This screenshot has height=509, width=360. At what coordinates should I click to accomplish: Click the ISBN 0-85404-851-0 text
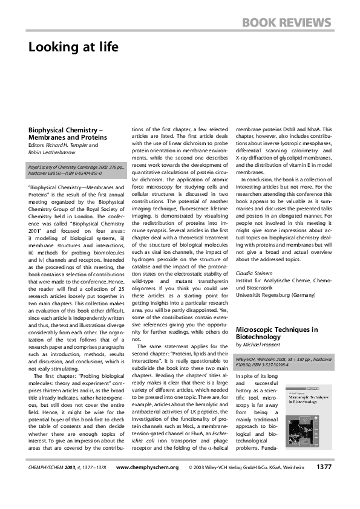(87, 172)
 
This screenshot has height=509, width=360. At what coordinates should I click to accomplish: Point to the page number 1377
(323, 484)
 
